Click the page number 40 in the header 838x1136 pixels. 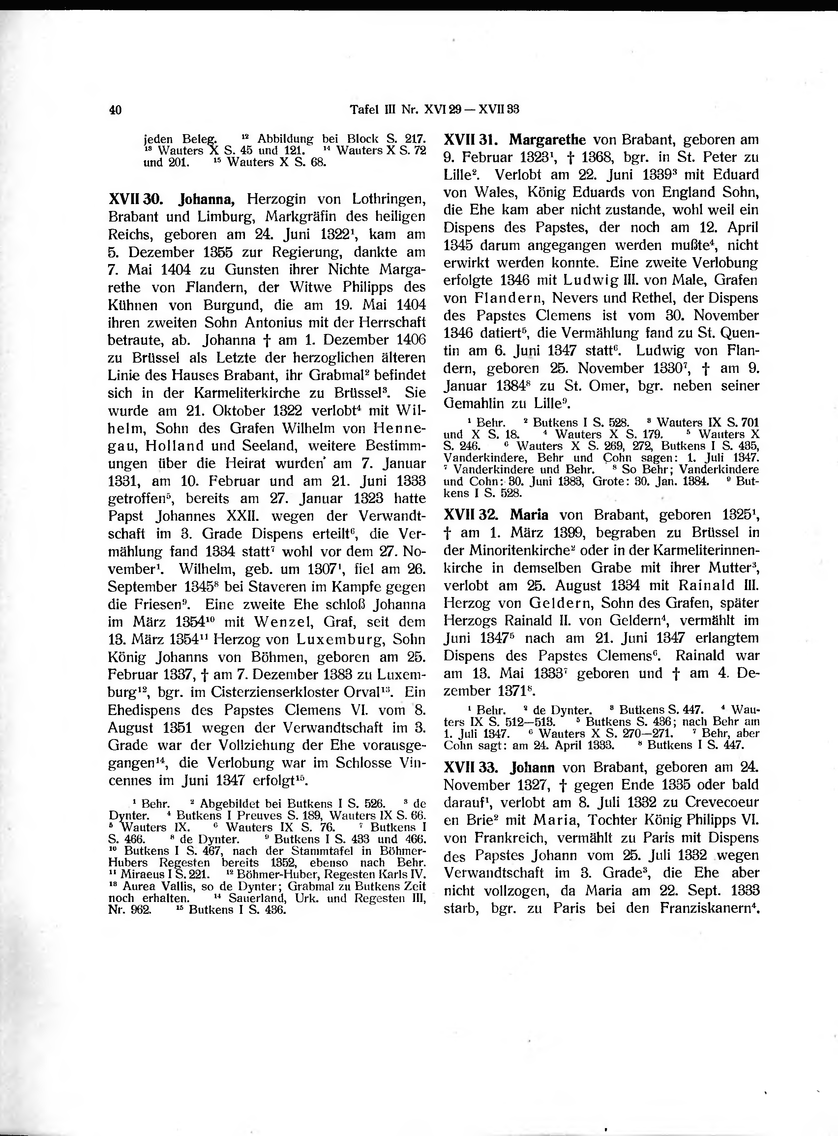tap(115, 109)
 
